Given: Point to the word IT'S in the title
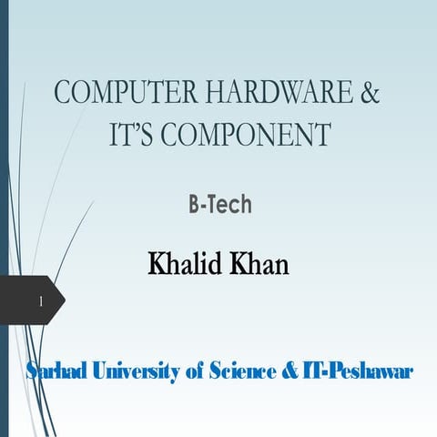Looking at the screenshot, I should click(134, 137).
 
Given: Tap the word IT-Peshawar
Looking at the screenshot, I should click(358, 371).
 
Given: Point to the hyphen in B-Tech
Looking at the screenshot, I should click(203, 206).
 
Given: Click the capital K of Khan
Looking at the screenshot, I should click(239, 264).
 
